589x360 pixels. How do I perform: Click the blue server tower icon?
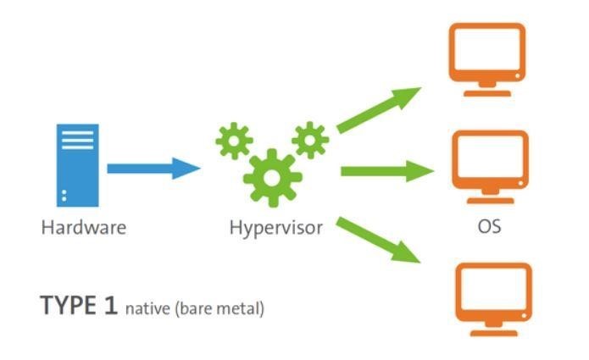point(77,166)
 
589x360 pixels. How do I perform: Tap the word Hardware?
point(83,228)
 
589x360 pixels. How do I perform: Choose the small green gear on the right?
point(309,137)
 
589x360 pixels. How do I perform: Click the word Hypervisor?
point(275,228)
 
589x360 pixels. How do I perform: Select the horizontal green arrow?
point(386,172)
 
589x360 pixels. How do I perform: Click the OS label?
point(490,228)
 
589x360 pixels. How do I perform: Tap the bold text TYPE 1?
point(78,306)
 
